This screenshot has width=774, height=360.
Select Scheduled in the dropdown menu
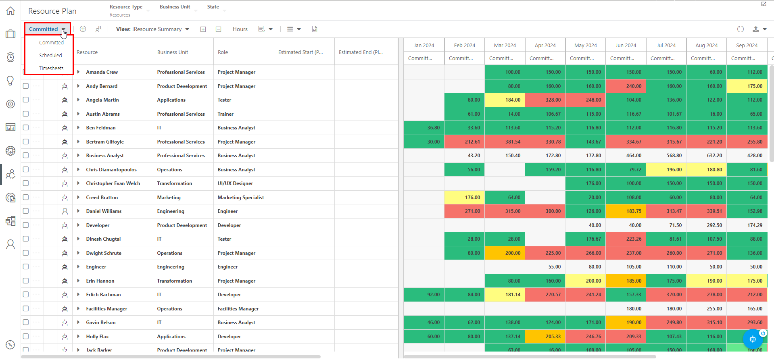pos(50,56)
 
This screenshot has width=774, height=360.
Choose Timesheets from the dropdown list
pos(51,69)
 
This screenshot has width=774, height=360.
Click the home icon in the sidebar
pos(10,11)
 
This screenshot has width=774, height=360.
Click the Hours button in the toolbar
pos(240,29)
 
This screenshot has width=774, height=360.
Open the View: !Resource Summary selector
pos(152,29)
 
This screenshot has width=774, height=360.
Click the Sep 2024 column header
pos(747,46)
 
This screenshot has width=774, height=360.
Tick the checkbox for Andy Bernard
pos(26,86)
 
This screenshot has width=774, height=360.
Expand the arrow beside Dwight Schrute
pos(78,253)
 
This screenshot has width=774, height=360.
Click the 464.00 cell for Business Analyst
pos(626,156)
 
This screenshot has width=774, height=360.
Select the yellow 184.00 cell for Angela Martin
pos(505,100)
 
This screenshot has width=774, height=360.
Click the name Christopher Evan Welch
pos(113,183)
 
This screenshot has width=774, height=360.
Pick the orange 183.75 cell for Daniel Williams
pos(626,211)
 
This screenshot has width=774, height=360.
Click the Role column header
pos(223,52)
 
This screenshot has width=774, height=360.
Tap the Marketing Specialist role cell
pos(241,198)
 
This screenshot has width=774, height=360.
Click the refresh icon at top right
pos(740,29)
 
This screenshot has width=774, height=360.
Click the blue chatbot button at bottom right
pos(753,339)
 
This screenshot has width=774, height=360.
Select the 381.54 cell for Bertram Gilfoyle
pos(505,142)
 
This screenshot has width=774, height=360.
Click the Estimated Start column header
pos(300,52)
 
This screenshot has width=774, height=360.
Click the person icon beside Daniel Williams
pos(65,211)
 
